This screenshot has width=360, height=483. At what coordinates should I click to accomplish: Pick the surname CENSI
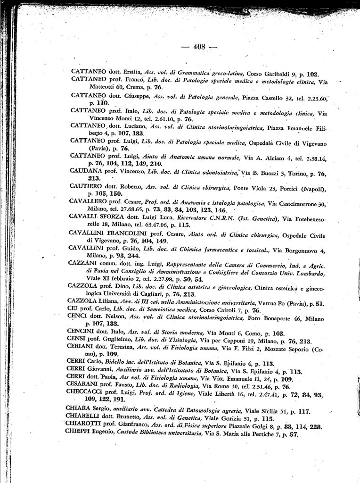77,340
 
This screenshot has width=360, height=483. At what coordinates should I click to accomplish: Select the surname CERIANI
80,348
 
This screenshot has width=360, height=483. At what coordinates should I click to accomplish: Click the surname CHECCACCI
86,392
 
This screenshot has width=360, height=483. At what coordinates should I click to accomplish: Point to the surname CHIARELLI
85,418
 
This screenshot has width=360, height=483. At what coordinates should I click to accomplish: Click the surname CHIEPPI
81,434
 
